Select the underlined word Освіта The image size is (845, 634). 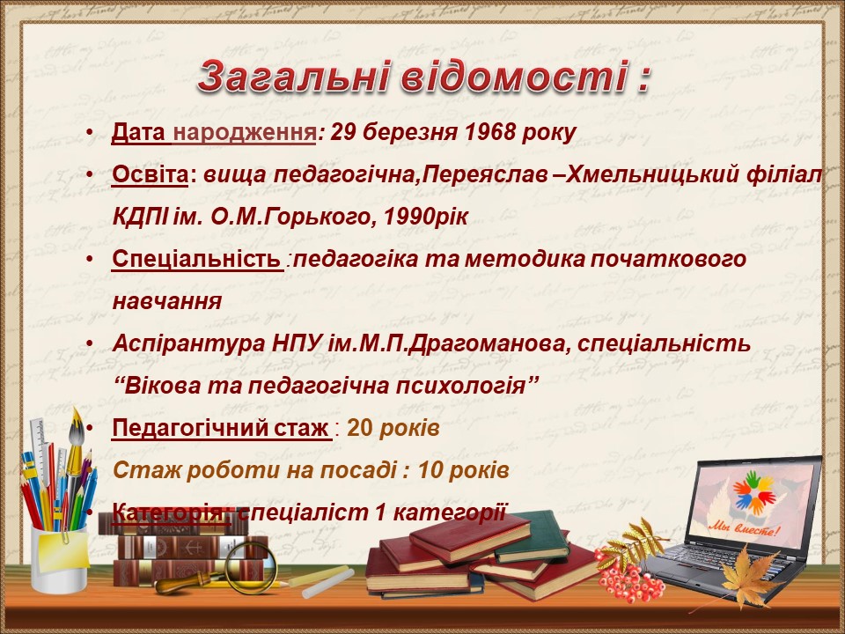tap(151, 174)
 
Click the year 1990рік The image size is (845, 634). tap(425, 217)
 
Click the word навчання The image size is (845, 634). tap(167, 301)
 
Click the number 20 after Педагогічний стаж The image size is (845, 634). tap(359, 428)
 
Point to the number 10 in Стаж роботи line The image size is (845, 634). tap(430, 470)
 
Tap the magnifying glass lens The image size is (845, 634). tap(250, 565)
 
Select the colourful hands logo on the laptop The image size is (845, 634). tap(754, 492)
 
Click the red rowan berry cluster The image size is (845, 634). tap(628, 577)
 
